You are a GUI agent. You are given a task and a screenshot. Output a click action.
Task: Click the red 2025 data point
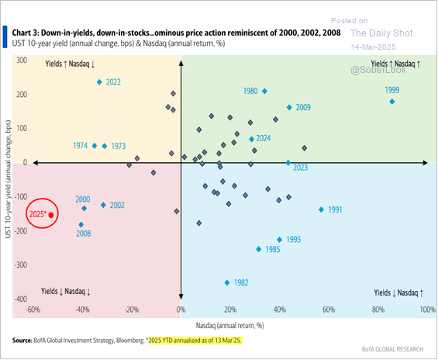(x=51, y=215)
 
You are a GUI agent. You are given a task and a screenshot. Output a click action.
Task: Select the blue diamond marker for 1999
(x=392, y=102)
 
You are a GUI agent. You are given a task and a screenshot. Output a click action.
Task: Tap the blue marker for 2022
(x=99, y=81)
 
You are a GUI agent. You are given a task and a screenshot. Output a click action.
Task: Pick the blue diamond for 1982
(x=227, y=282)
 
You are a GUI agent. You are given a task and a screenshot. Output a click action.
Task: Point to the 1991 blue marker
(x=321, y=209)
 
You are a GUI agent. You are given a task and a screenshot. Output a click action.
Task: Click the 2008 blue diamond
(x=81, y=225)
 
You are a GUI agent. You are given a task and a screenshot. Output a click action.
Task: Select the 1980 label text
(x=250, y=92)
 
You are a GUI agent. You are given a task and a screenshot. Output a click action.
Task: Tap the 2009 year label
(x=303, y=108)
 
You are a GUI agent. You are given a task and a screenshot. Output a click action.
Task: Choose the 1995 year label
(x=293, y=241)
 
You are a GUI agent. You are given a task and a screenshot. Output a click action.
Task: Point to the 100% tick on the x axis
(x=427, y=310)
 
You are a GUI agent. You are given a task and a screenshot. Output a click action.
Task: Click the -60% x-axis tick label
(x=33, y=310)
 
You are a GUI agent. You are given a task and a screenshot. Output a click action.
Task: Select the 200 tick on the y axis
(x=20, y=95)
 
